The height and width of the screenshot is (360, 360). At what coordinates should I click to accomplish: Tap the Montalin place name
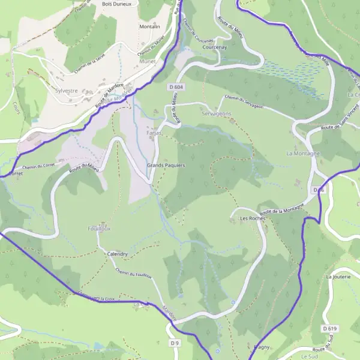coord(149,27)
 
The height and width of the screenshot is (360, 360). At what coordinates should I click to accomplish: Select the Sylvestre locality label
coord(66,91)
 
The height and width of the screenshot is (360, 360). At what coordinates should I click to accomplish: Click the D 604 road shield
coord(175,87)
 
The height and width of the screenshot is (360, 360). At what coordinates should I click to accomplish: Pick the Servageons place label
coord(217,113)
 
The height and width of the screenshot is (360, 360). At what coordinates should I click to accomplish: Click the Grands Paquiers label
coord(166,165)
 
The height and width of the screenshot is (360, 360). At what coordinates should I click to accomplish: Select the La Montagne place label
coord(303,154)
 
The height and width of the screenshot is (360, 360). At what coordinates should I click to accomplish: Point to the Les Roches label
coord(252,218)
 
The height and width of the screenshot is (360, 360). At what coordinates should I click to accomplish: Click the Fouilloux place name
coord(100,229)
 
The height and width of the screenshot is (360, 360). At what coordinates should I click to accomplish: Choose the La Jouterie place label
coord(337,277)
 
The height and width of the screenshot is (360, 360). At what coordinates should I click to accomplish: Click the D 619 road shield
coord(329,329)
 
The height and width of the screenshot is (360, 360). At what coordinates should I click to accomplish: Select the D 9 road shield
coord(174,343)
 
